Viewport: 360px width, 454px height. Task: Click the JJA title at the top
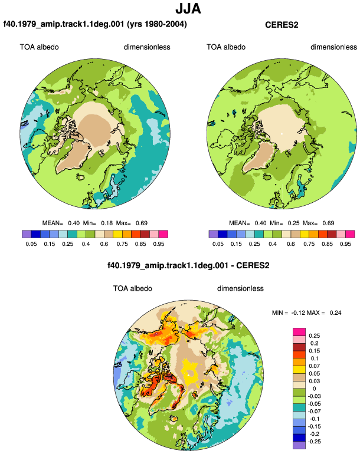(x=188, y=9)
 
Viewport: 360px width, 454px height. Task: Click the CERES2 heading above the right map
(x=282, y=25)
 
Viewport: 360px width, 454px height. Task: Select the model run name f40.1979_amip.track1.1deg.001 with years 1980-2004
(x=95, y=24)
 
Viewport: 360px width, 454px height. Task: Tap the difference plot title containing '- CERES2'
(x=188, y=265)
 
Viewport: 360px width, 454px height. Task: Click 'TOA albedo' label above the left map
(x=39, y=47)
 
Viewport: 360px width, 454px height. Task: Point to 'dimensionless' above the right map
(x=333, y=47)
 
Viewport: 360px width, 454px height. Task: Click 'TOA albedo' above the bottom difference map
(x=132, y=288)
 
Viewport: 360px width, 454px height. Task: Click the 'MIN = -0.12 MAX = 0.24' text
(x=307, y=312)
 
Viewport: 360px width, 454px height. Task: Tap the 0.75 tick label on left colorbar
(x=122, y=244)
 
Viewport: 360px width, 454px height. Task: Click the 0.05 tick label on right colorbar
(x=218, y=244)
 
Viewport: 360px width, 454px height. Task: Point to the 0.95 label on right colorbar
(x=345, y=244)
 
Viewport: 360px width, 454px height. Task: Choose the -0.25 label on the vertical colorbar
(x=314, y=442)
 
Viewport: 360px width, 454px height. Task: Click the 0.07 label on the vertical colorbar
(x=314, y=366)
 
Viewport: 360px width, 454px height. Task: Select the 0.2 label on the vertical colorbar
(x=314, y=343)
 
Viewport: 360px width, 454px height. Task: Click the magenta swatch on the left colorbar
(x=163, y=234)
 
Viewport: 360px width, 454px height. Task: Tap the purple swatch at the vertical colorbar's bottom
(x=299, y=445)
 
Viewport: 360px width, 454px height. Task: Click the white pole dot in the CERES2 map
(x=282, y=133)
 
